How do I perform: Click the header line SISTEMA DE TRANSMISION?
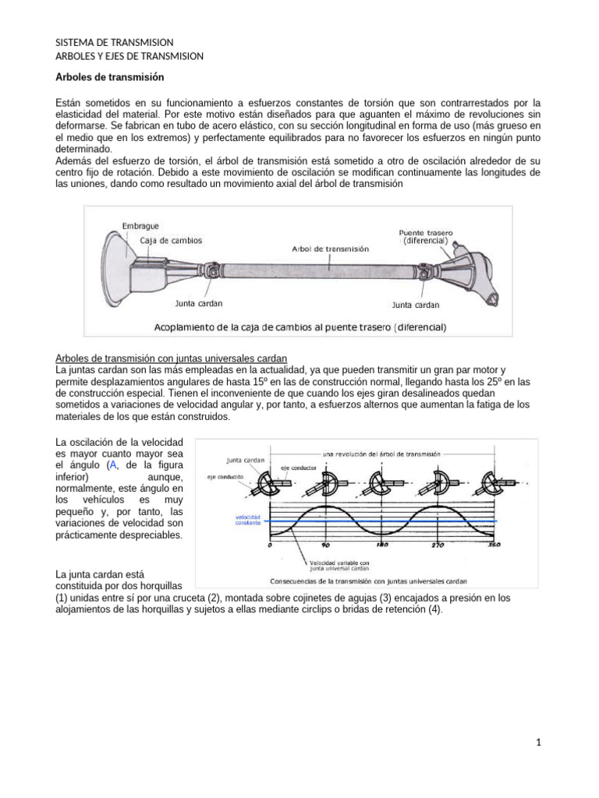click(115, 42)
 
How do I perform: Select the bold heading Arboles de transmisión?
click(109, 77)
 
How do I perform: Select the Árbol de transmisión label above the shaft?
click(330, 249)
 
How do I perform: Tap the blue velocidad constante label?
click(249, 519)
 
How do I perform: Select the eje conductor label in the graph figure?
click(299, 468)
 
